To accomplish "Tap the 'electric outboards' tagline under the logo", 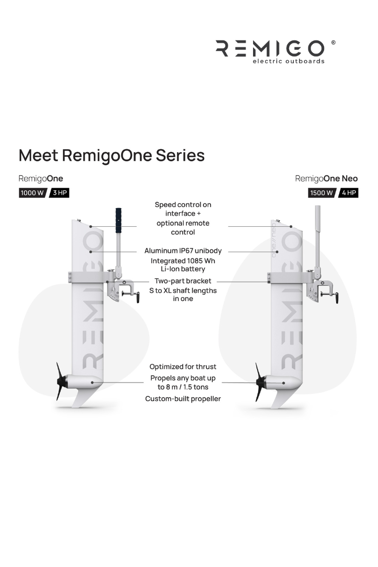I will (x=288, y=61).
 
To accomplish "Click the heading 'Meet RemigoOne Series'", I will (x=111, y=155).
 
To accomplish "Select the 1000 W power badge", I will (x=32, y=193).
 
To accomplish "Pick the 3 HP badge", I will (x=59, y=193).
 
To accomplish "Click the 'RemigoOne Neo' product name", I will (x=326, y=178).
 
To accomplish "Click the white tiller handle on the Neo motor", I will (x=318, y=217).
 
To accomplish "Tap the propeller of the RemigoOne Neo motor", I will (x=260, y=382).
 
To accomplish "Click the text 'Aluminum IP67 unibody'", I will (x=183, y=250).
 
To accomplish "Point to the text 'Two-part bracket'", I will (x=183, y=281).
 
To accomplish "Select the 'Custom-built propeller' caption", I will (x=183, y=399).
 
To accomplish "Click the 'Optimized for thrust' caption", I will (x=183, y=366).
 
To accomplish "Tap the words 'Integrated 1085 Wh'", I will (x=183, y=261).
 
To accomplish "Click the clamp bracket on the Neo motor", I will (x=321, y=290).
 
